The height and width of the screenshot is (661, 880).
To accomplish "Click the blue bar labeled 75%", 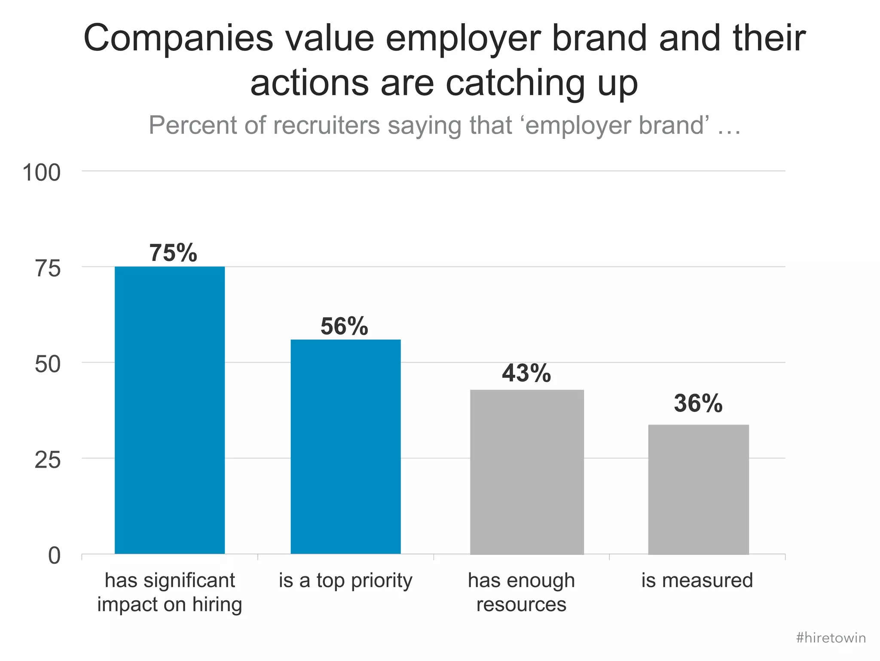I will click(170, 410).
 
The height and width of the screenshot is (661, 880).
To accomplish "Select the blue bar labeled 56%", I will click(345, 447).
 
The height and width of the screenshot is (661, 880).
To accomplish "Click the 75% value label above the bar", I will click(173, 253).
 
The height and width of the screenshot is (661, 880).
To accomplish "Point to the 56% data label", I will click(344, 326).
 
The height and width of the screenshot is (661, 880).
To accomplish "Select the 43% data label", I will click(526, 373).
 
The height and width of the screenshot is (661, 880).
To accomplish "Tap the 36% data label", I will click(698, 404).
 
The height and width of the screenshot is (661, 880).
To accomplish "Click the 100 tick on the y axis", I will click(41, 173).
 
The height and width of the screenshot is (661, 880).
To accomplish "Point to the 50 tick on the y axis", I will click(47, 365).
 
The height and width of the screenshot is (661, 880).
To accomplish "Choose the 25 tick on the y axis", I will click(47, 461).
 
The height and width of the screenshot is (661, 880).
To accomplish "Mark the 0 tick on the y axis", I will click(54, 556).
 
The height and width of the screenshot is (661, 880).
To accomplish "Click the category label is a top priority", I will click(345, 581).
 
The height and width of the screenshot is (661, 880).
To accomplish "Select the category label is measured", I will click(697, 580).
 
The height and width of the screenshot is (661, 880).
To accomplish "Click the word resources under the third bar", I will click(521, 605).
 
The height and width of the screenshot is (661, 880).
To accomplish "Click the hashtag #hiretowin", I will click(831, 638).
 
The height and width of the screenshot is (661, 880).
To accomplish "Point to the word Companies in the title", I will click(178, 39).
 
